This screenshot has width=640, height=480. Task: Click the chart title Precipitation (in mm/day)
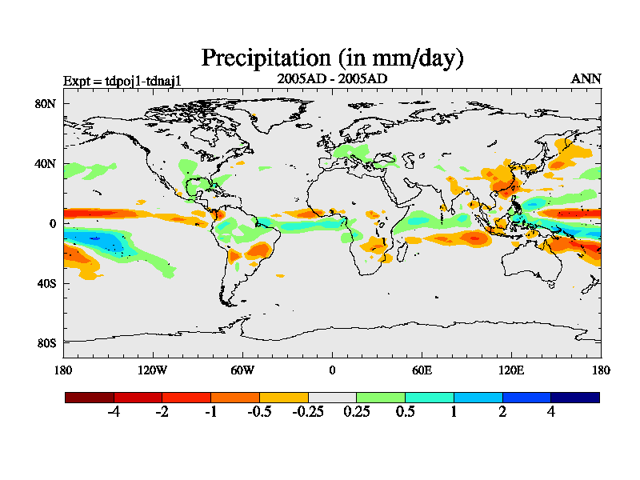click(x=332, y=58)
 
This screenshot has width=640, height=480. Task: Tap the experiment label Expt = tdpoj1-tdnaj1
click(x=127, y=80)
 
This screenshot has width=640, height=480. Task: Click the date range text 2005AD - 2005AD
click(x=331, y=78)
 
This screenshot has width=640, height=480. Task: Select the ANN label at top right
click(x=586, y=78)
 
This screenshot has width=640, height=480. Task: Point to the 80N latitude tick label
click(x=46, y=103)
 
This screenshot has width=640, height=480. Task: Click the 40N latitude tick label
click(x=46, y=163)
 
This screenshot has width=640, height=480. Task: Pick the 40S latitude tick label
click(x=46, y=283)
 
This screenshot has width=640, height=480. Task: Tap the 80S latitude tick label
click(x=46, y=343)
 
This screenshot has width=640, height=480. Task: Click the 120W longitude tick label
click(x=153, y=370)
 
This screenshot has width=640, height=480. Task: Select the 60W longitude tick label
click(x=242, y=370)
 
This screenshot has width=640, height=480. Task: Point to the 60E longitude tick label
click(x=422, y=370)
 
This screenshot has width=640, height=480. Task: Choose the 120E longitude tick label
click(x=511, y=370)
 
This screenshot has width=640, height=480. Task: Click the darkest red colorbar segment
click(x=90, y=397)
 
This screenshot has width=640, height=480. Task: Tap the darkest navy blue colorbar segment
click(x=574, y=397)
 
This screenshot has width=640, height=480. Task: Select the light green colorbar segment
click(x=381, y=397)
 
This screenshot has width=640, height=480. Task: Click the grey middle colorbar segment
click(x=332, y=397)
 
